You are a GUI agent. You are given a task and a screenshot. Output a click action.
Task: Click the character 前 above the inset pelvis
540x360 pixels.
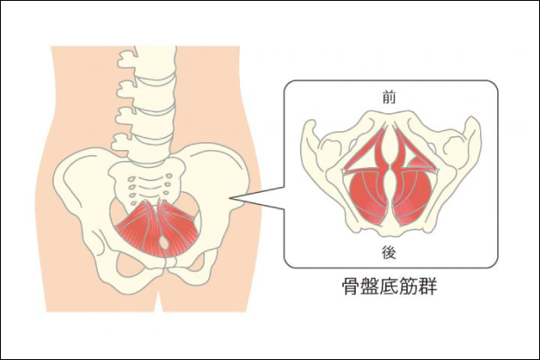pyautogui.click(x=389, y=98)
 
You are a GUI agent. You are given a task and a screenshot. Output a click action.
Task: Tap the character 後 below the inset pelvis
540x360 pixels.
pyautogui.click(x=389, y=253)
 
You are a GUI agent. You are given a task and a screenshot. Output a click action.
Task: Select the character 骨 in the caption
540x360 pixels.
pyautogui.click(x=350, y=286)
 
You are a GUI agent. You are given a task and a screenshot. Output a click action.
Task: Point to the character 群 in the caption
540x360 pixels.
pyautogui.click(x=428, y=286)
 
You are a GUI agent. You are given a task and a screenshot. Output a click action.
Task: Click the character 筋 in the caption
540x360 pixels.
pyautogui.click(x=409, y=286)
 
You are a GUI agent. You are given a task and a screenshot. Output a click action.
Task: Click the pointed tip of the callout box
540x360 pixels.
pyautogui.click(x=231, y=198)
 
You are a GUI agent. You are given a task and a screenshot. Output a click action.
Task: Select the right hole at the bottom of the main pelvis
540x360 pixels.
pyautogui.click(x=191, y=265)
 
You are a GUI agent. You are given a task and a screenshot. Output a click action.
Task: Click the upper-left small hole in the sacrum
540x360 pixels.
pyautogui.click(x=131, y=179)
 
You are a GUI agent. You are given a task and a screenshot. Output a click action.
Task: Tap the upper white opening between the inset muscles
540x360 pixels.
pyautogui.click(x=389, y=145)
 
